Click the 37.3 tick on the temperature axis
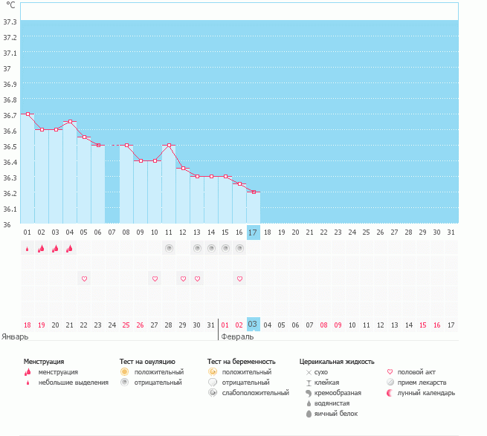(x=10, y=22)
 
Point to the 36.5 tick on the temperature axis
(x=10, y=146)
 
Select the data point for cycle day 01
(x=28, y=114)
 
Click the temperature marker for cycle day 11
(x=169, y=146)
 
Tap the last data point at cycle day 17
(x=254, y=192)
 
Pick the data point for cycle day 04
(x=70, y=122)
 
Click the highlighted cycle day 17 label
(x=253, y=232)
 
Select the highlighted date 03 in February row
(x=253, y=325)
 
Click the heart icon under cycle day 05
(x=84, y=279)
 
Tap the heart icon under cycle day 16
(x=239, y=279)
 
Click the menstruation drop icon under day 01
(x=28, y=249)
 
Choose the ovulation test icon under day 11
(x=169, y=248)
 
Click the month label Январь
(x=16, y=336)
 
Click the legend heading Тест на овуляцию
(x=147, y=362)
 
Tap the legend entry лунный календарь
(x=425, y=392)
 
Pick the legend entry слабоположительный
(x=254, y=392)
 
